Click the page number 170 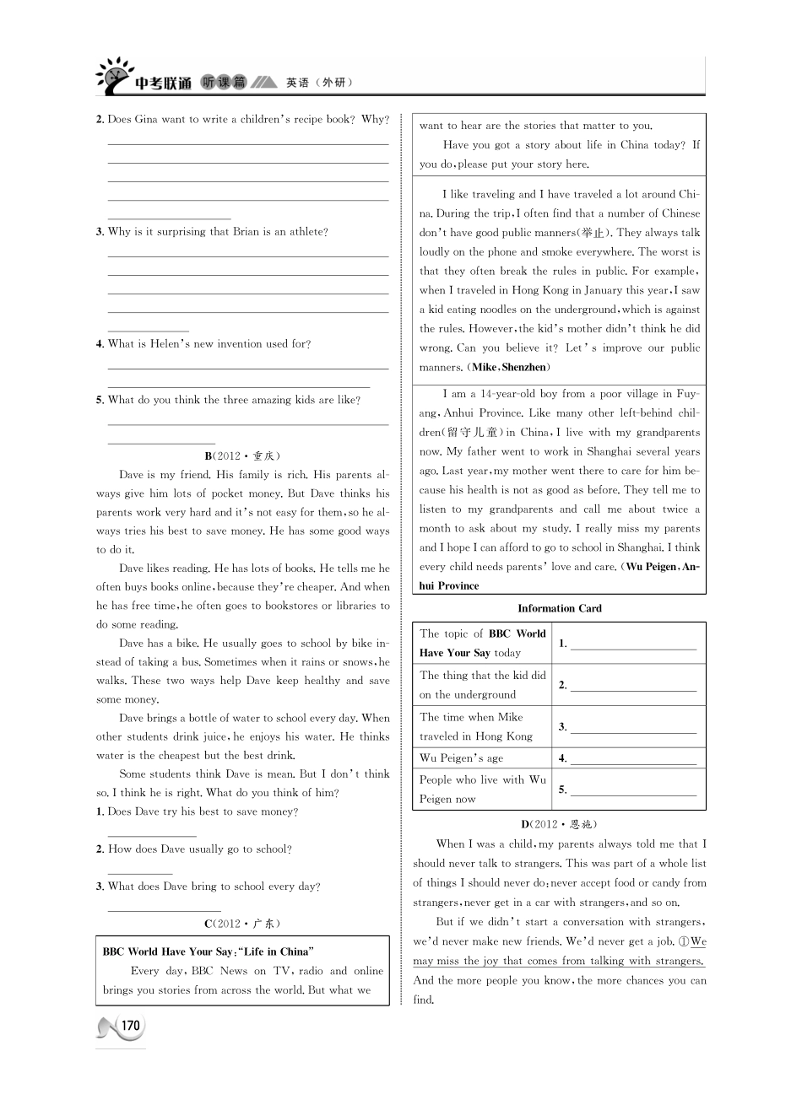[x=129, y=1026]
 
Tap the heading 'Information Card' [x=559, y=608]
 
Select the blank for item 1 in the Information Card [x=633, y=645]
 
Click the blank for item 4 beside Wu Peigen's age [x=633, y=759]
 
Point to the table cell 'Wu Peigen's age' [x=461, y=757]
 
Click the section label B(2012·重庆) [x=242, y=455]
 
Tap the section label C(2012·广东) [x=242, y=923]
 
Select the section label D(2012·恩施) [x=559, y=824]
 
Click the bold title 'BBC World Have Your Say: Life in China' [x=208, y=951]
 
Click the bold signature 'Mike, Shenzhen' [x=509, y=368]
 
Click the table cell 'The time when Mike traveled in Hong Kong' [x=482, y=726]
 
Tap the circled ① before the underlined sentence [x=684, y=941]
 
